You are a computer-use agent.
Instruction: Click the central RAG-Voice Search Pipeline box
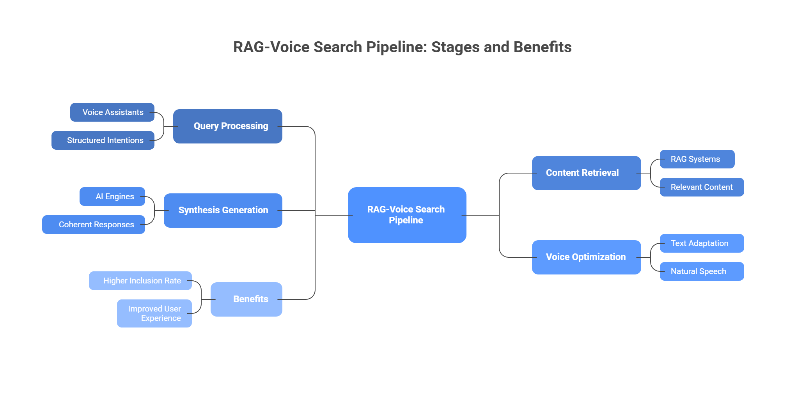(x=407, y=215)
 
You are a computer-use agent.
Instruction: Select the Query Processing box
(x=227, y=126)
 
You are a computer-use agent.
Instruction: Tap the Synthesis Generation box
(x=223, y=210)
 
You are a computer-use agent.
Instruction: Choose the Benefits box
(x=246, y=299)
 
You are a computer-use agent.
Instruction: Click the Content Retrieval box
(x=586, y=173)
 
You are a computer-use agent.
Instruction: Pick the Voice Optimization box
(x=586, y=257)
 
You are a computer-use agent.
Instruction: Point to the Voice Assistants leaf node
(x=112, y=112)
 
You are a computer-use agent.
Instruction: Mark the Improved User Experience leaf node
(x=154, y=313)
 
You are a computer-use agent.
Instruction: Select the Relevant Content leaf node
(x=702, y=187)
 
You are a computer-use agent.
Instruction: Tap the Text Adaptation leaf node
(x=702, y=243)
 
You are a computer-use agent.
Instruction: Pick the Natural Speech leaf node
(x=702, y=271)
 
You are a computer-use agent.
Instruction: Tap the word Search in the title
(x=338, y=47)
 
